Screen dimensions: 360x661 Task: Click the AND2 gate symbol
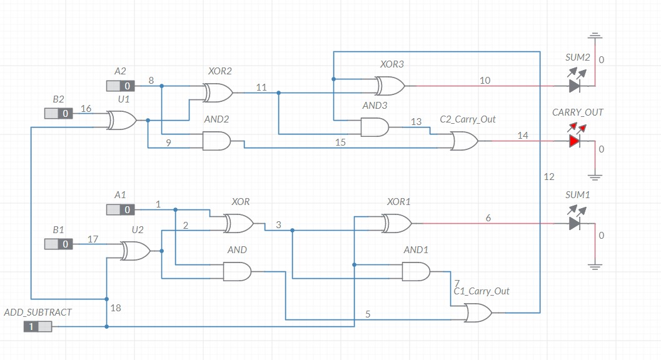click(216, 141)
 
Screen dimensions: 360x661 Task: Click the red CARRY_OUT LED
click(575, 141)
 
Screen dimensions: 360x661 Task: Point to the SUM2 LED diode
click(575, 86)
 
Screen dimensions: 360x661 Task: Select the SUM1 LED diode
click(575, 223)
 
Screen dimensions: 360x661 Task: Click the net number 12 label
click(549, 177)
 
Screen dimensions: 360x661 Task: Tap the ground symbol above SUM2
click(595, 36)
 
